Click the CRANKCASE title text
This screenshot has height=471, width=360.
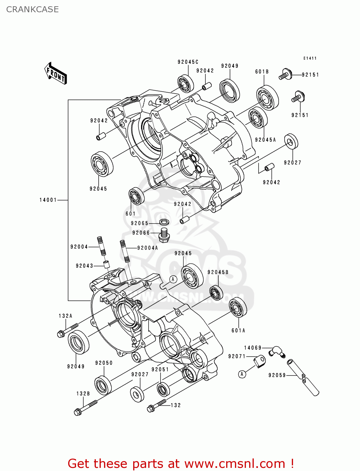[32, 9]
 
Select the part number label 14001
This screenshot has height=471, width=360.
[48, 200]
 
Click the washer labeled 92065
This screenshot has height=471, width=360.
[164, 222]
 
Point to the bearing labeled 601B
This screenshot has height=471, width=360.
[267, 98]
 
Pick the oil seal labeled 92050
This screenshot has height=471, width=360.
[103, 385]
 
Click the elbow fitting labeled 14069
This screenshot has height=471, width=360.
[276, 351]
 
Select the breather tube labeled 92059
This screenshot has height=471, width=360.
[303, 377]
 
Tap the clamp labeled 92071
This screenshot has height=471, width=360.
[260, 361]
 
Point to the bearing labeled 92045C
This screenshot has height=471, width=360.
[185, 84]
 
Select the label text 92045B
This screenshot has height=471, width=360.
[218, 272]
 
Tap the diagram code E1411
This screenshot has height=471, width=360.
[310, 58]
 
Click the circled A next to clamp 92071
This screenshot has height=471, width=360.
[242, 374]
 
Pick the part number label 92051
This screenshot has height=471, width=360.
[160, 370]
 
